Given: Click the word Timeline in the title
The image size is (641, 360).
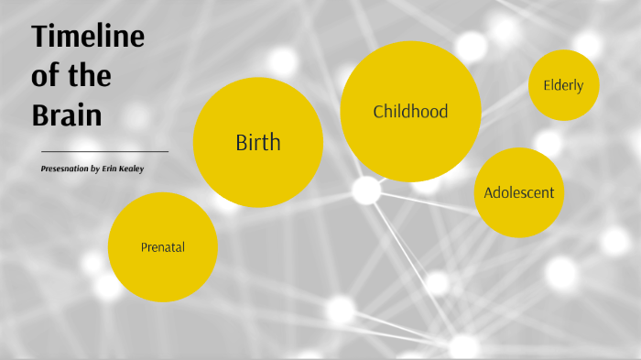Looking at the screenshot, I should [88, 38].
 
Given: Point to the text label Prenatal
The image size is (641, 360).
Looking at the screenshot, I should [163, 247].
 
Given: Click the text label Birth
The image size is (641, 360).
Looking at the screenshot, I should [258, 143].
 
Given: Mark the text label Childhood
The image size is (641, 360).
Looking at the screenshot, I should [410, 112].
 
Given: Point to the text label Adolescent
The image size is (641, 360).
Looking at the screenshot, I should [518, 193].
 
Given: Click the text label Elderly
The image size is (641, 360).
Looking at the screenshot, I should [563, 86].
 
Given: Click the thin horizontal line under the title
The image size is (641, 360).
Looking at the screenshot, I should [105, 151].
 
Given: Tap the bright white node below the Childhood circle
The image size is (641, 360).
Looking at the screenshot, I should [366, 191].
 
